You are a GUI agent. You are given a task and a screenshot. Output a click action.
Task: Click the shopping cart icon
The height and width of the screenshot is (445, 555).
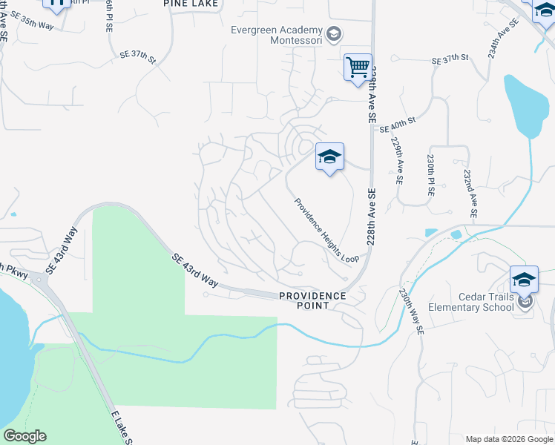358,67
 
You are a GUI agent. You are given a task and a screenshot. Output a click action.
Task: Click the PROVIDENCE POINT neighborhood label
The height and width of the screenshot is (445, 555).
312,300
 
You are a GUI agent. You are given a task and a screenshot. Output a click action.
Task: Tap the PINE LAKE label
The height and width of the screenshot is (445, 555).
191,4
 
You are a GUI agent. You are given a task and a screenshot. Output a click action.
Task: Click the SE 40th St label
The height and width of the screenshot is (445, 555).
398,125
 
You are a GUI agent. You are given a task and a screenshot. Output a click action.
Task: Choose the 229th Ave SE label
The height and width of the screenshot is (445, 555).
398,162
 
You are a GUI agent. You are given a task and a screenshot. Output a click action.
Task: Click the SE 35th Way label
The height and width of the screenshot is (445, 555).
33,24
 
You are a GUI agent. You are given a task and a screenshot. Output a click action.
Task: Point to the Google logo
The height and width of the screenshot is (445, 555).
24,436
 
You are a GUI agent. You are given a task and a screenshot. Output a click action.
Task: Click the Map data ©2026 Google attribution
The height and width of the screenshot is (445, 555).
509,439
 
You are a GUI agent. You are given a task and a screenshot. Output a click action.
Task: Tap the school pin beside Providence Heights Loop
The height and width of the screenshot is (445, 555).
329,157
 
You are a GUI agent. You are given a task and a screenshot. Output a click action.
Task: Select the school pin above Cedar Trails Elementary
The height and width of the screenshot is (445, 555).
524,280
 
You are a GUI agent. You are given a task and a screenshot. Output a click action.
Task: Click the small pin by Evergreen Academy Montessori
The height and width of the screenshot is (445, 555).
334,33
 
